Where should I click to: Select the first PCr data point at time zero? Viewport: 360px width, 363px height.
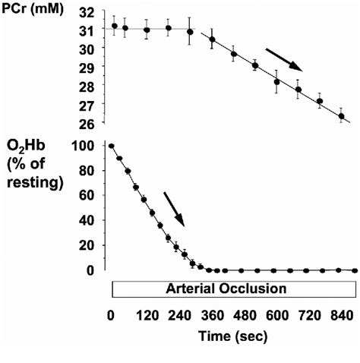point(115,26)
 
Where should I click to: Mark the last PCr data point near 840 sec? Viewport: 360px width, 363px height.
point(341,116)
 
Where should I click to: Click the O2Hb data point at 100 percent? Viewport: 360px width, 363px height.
point(112,146)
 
